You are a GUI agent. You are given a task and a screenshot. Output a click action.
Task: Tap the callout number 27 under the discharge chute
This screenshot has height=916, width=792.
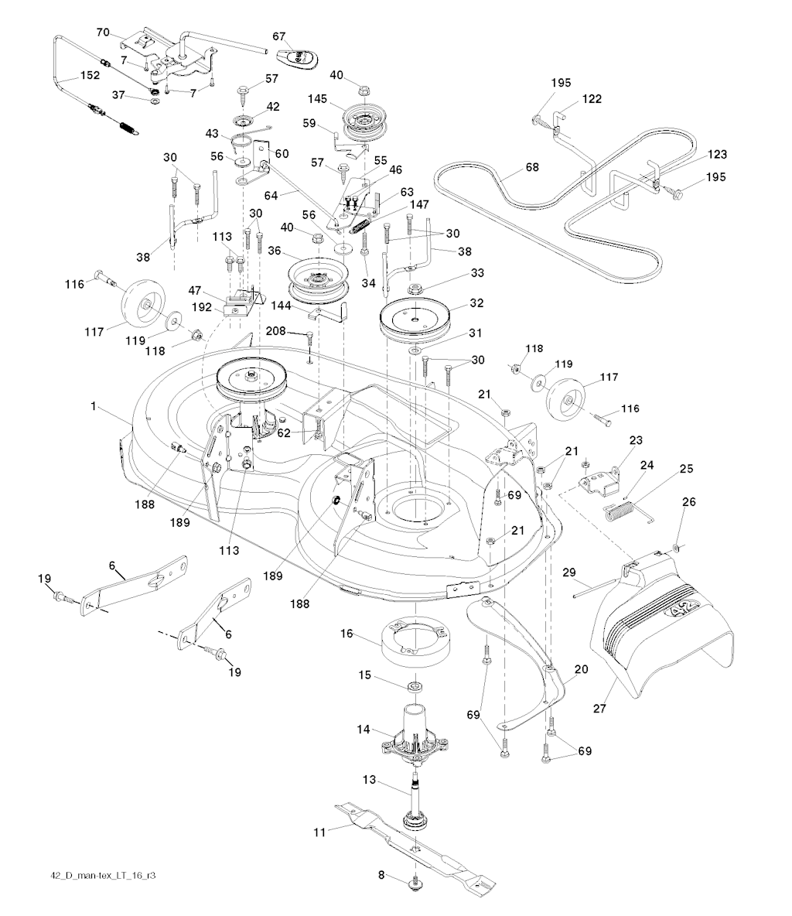(x=599, y=709)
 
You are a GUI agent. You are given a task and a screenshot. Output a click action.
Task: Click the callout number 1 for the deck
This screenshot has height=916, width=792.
(x=94, y=405)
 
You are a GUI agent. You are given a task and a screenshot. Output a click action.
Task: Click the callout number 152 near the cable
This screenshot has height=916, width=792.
(x=90, y=75)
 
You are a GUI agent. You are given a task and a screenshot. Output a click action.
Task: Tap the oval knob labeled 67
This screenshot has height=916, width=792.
(x=298, y=59)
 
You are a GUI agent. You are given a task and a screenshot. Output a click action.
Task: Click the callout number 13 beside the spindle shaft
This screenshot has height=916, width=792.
(x=369, y=780)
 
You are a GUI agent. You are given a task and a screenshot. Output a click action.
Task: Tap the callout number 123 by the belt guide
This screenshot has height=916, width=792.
(x=717, y=154)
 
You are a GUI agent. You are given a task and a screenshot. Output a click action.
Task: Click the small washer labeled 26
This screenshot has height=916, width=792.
(x=676, y=548)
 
